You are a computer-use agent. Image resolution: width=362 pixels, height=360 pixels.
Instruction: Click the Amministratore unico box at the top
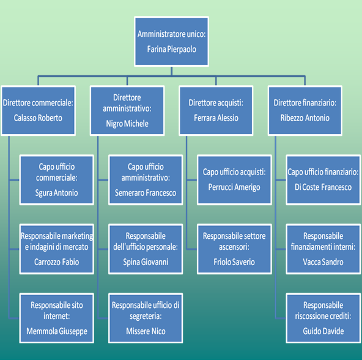(x=172, y=42)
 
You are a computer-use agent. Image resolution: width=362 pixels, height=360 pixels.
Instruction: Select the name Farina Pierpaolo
(x=172, y=49)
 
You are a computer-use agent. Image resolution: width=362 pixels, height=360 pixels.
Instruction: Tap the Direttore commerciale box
(x=39, y=111)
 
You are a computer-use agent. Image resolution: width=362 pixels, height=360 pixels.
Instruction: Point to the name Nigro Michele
(x=127, y=124)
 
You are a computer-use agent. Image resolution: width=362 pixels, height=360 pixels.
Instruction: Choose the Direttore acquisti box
(x=216, y=111)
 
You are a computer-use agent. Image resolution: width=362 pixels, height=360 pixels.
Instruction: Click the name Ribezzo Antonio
(x=305, y=118)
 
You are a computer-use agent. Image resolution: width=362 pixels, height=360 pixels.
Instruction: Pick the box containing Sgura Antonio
(x=56, y=180)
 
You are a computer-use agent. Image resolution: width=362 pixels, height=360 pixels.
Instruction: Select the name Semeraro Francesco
(x=146, y=193)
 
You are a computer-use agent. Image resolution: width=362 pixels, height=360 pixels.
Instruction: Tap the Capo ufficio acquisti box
(x=234, y=180)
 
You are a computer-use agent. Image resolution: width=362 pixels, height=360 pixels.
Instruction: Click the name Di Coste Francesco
(x=323, y=187)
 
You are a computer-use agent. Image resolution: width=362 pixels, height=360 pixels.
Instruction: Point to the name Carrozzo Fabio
(x=56, y=262)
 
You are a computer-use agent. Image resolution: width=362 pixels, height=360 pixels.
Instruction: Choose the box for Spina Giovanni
(x=146, y=249)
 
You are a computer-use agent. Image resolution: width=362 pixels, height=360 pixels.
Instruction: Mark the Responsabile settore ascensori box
(x=234, y=249)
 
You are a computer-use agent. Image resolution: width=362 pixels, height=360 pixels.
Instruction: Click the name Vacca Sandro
(x=323, y=262)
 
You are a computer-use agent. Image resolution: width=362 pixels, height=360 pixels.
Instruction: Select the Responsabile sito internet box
(x=56, y=318)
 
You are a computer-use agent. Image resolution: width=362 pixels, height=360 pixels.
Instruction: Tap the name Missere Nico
(x=146, y=331)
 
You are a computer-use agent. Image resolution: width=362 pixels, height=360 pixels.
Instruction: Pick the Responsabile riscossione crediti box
(x=323, y=318)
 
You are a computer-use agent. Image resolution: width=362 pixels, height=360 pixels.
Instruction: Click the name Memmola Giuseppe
(x=57, y=331)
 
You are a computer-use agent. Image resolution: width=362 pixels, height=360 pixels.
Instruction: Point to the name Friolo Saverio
(x=234, y=262)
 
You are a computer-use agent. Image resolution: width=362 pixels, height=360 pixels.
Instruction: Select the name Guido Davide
(x=323, y=331)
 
